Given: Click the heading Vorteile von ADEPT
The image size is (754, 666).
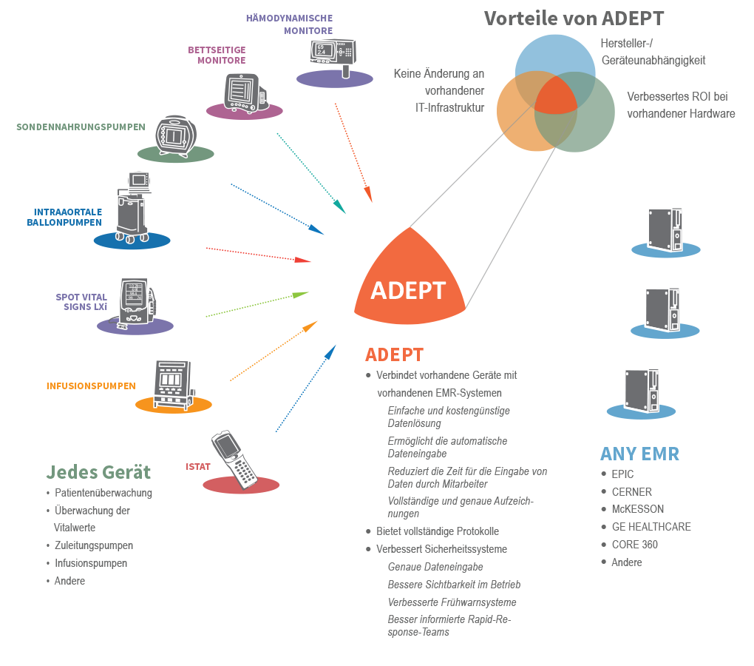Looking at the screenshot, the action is (574, 18).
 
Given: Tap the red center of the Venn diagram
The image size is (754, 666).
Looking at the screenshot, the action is (555, 96).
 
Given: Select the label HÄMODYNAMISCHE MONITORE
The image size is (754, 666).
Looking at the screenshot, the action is (290, 24).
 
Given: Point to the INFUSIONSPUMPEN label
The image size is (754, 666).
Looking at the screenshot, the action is (91, 386).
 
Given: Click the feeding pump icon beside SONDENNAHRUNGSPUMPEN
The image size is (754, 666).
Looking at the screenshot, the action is (176, 136).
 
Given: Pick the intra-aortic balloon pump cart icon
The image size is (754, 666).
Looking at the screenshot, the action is (133, 207).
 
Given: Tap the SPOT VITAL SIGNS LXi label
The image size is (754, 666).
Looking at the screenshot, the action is (81, 302).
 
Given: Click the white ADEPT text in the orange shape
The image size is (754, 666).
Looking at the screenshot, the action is (408, 291).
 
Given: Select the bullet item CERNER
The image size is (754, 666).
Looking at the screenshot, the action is (631, 492).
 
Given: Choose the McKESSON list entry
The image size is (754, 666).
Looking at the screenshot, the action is (637, 509).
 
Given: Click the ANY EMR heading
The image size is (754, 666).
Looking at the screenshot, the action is (639, 454).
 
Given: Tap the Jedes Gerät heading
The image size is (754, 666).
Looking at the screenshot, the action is (98, 472).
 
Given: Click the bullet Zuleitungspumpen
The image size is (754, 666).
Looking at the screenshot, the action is (94, 545).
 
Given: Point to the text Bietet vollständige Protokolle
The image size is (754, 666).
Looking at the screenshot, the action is (438, 531).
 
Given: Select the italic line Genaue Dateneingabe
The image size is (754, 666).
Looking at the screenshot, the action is (435, 567).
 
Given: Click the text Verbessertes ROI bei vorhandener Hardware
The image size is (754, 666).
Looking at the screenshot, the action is (681, 105).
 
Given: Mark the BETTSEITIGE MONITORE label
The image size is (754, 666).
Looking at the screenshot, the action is (217, 55).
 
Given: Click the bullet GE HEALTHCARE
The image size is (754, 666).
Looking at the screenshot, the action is (651, 527).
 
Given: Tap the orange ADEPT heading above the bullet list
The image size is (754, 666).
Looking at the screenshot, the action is (394, 354).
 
